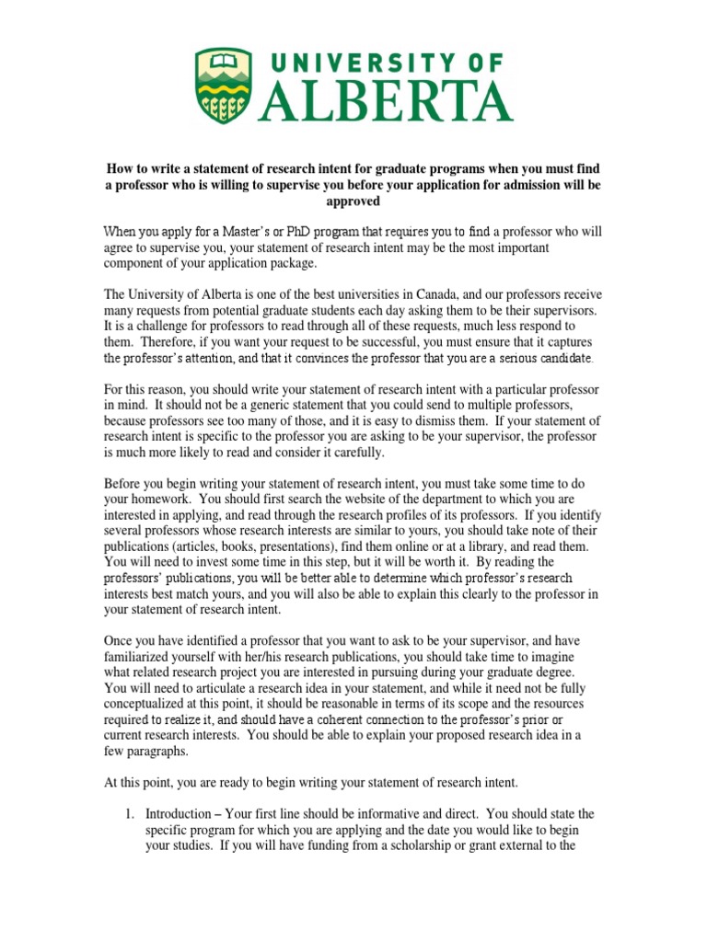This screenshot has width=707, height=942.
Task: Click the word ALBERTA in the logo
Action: tap(384, 99)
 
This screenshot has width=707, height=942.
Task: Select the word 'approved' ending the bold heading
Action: tap(353, 201)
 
